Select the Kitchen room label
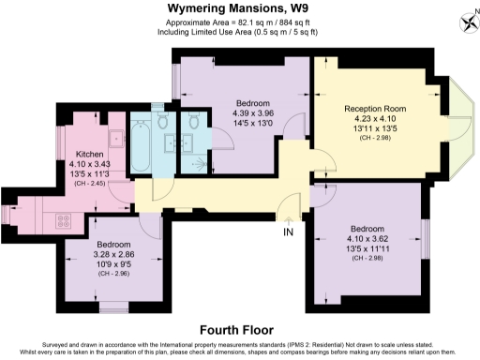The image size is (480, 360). (x=90, y=154)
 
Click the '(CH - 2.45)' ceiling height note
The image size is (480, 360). (x=90, y=184)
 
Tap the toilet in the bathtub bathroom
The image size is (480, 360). (x=163, y=122)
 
